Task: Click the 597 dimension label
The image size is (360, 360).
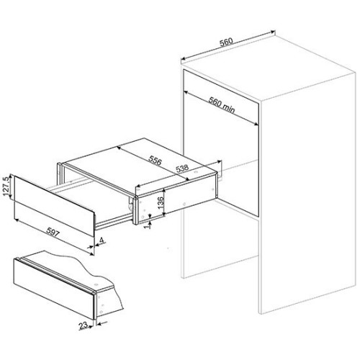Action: coord(53,233)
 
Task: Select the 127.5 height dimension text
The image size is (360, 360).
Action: coord(6,186)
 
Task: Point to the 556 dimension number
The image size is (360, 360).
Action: coord(155,160)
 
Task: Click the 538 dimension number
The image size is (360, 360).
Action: coord(182,168)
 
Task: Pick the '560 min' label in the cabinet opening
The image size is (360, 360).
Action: coord(221,105)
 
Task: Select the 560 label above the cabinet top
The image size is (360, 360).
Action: coord(226,42)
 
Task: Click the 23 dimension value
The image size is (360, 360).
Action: coord(83,325)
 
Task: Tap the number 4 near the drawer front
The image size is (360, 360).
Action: coord(102,240)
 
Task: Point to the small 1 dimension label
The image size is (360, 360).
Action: coord(149,225)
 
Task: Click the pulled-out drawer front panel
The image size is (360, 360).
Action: coord(54,204)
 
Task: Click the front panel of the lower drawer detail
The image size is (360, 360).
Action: coord(54,289)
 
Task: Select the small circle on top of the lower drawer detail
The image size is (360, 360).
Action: coord(96,284)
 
